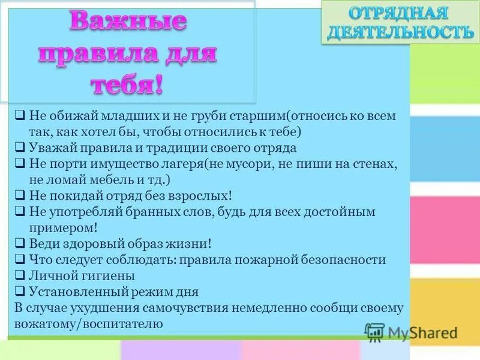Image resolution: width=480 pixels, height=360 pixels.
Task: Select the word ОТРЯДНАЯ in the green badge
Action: click(398, 13)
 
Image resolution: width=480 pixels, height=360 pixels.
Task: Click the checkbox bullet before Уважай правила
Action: click(20, 148)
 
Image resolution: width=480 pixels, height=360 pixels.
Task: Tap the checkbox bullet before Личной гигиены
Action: click(20, 277)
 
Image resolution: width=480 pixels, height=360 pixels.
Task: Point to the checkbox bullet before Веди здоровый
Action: click(20, 244)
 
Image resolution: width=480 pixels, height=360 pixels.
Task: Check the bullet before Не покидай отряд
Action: click(20, 196)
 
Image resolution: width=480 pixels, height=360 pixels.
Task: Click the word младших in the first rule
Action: click(118, 115)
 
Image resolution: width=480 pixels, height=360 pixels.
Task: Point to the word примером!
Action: click(63, 228)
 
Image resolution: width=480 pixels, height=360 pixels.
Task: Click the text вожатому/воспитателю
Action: click(88, 324)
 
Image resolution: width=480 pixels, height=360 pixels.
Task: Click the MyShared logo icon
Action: click(374, 331)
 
